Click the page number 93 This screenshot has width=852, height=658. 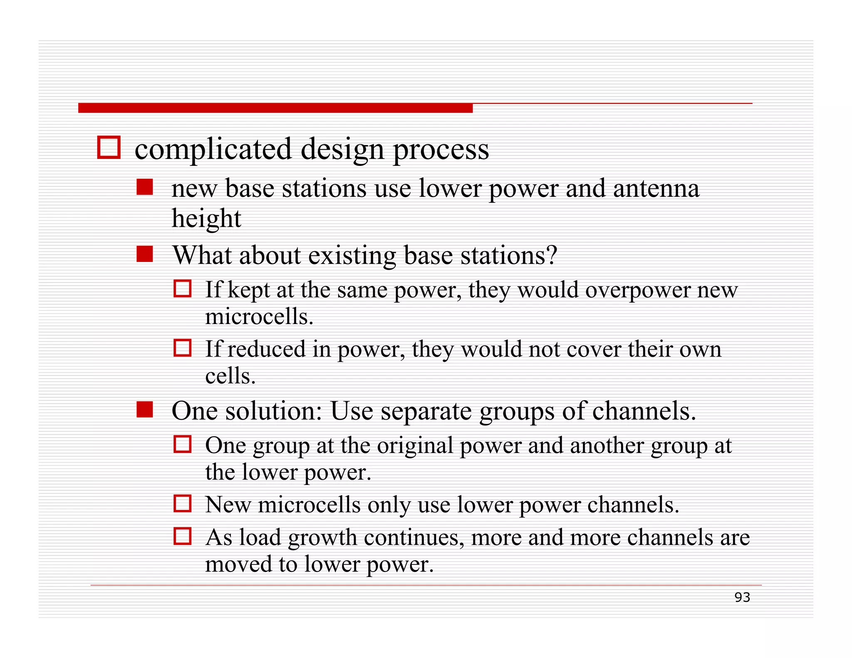pyautogui.click(x=742, y=597)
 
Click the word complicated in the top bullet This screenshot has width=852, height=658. pyautogui.click(x=213, y=149)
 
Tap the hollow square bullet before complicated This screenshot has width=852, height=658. pyautogui.click(x=109, y=147)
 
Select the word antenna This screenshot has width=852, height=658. pyautogui.click(x=656, y=188)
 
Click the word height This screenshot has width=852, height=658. pyautogui.click(x=206, y=219)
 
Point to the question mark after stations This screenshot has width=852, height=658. pyautogui.click(x=552, y=255)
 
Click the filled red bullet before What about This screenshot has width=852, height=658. pyautogui.click(x=145, y=254)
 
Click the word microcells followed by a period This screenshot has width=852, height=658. pyautogui.click(x=259, y=317)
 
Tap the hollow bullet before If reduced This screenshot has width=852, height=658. pyautogui.click(x=182, y=348)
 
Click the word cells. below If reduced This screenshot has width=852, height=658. pyautogui.click(x=230, y=376)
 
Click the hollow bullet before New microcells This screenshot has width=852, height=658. pyautogui.click(x=182, y=503)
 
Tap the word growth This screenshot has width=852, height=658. pyautogui.click(x=322, y=537)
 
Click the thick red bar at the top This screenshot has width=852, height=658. pyautogui.click(x=275, y=108)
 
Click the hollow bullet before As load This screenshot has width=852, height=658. pyautogui.click(x=182, y=536)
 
